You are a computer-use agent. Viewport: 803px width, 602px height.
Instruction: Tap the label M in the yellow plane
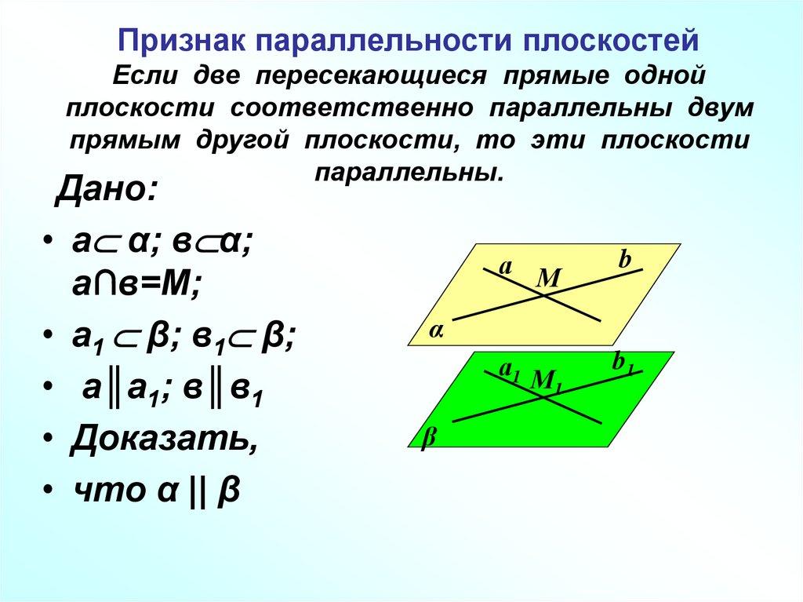550,277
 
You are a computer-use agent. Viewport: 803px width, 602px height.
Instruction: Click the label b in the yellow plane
624,261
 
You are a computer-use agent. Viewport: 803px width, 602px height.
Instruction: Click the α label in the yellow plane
435,332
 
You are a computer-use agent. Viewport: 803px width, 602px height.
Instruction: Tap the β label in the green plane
428,437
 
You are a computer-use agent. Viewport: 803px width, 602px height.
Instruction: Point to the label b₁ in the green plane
623,363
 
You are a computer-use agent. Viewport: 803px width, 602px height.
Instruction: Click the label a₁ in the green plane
510,369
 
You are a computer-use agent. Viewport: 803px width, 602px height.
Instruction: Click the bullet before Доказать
48,438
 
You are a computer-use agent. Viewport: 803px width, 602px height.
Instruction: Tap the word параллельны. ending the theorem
409,171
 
